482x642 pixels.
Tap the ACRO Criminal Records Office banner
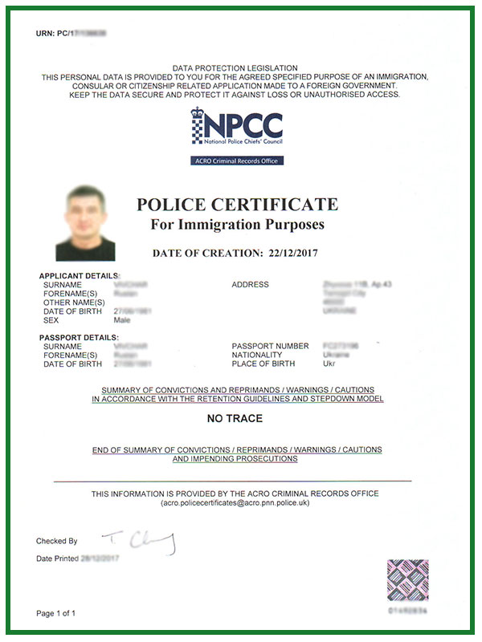[238, 160]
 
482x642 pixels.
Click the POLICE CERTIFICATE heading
[237, 204]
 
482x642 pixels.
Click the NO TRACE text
[235, 418]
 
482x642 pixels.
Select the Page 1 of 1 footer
[56, 614]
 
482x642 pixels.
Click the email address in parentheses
[235, 502]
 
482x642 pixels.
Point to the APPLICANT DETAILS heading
[79, 276]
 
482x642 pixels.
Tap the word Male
[123, 319]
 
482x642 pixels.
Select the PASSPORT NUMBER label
[270, 347]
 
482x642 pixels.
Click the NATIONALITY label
[257, 355]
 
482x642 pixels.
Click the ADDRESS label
[250, 285]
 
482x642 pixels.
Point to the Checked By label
[57, 541]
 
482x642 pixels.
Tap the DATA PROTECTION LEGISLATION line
[235, 68]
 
